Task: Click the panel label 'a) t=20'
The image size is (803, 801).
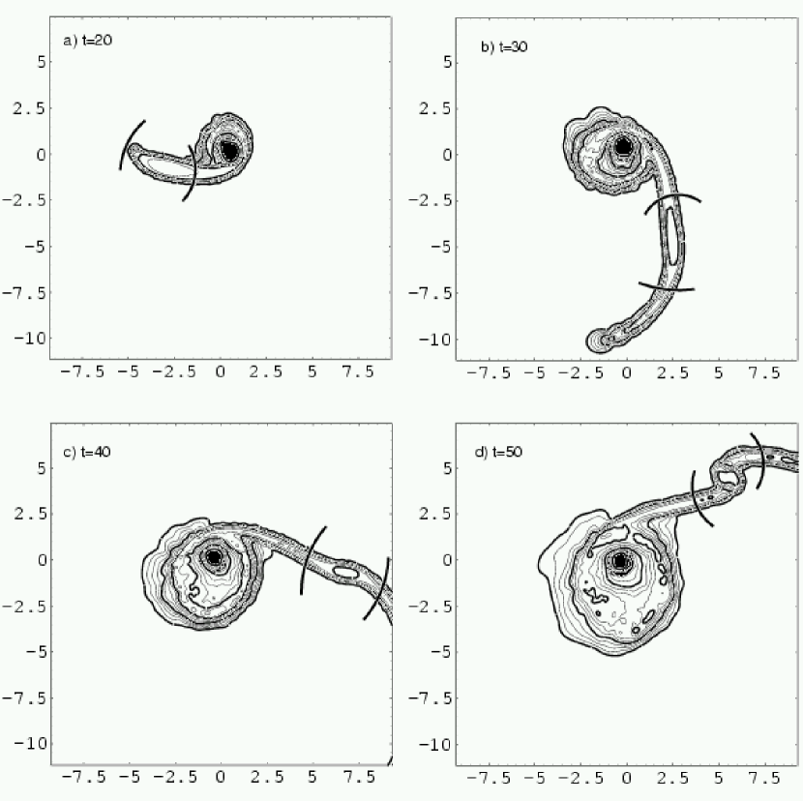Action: tap(88, 41)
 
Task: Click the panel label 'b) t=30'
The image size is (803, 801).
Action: tap(504, 47)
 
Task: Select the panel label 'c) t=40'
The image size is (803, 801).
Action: tap(86, 452)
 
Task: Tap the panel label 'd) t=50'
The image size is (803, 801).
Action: tap(498, 452)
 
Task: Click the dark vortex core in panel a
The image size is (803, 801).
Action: tap(230, 151)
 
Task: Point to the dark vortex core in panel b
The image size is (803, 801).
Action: tap(623, 146)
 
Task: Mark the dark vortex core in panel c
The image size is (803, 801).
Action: tap(214, 556)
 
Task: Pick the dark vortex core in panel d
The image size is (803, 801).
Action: tap(620, 561)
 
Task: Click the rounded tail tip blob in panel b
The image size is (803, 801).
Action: tap(597, 341)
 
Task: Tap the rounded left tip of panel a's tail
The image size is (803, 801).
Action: tap(134, 150)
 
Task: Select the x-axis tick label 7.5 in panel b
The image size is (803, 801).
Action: tap(764, 372)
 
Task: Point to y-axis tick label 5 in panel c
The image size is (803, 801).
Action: tap(42, 468)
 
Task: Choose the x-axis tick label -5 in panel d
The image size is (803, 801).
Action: tap(535, 778)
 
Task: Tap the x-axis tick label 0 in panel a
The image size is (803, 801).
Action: tap(221, 371)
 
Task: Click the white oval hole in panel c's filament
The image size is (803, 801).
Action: tap(345, 572)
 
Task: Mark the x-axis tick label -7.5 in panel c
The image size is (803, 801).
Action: tap(83, 778)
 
